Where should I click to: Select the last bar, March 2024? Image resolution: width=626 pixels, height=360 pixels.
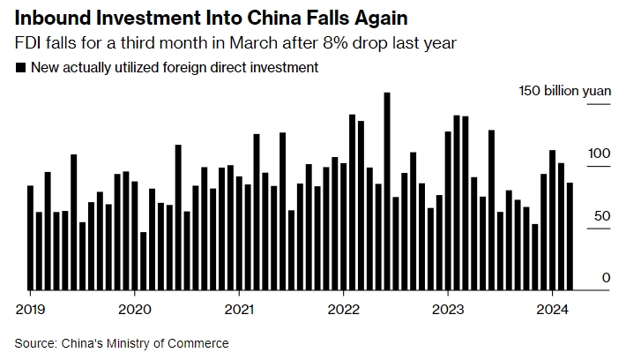(570, 236)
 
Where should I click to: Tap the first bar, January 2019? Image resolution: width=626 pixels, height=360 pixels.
(30, 237)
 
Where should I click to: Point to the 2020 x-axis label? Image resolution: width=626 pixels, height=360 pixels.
(134, 310)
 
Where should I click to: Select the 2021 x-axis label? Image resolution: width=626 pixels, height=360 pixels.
(239, 310)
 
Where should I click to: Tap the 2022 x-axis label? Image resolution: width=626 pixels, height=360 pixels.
(343, 310)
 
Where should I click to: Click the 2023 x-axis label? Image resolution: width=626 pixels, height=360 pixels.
(448, 310)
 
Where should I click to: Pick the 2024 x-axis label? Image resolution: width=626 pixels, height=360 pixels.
(552, 310)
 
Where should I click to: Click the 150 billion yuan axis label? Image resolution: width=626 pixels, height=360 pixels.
(564, 91)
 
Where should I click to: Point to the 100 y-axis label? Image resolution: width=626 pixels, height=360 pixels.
(600, 154)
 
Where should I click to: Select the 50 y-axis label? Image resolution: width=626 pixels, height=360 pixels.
(603, 216)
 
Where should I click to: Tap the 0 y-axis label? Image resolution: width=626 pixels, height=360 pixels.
(607, 278)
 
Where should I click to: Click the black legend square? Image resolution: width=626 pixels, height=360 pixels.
(20, 68)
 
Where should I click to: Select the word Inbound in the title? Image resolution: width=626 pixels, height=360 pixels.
(51, 17)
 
